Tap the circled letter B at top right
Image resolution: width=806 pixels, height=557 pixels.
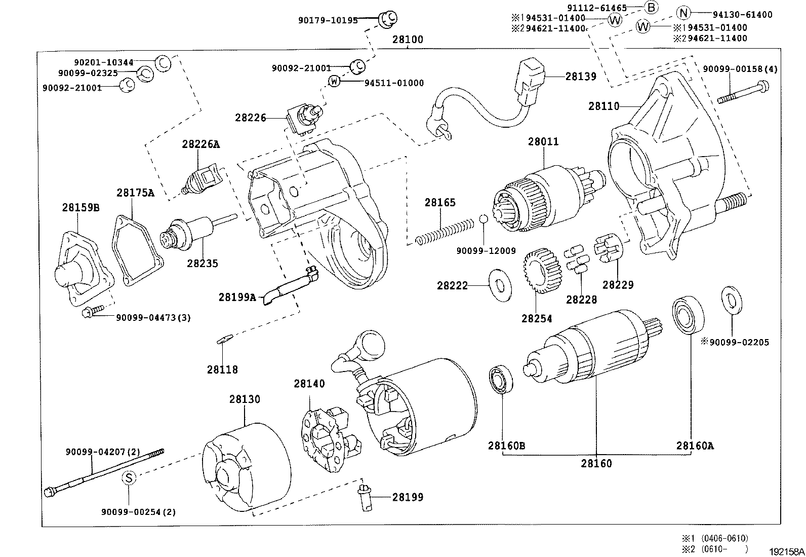tap(651, 7)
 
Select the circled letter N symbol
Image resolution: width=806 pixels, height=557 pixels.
tap(683, 14)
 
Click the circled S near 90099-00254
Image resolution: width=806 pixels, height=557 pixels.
tap(129, 477)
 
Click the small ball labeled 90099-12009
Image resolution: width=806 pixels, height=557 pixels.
tap(483, 218)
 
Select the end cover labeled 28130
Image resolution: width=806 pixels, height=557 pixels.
tap(246, 466)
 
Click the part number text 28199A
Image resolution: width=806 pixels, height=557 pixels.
tap(237, 297)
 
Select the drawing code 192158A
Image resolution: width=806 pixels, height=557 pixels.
tap(787, 551)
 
